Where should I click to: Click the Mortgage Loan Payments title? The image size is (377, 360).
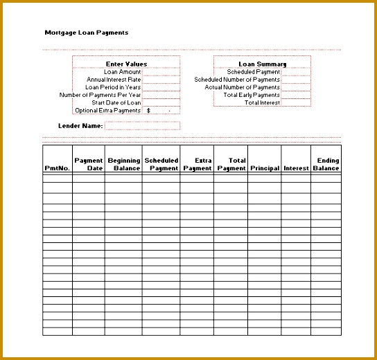pyautogui.click(x=86, y=33)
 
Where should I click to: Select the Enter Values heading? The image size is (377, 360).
pyautogui.click(x=126, y=64)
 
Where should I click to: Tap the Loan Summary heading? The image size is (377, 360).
pyautogui.click(x=257, y=64)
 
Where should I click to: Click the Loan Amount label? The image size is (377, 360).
pyautogui.click(x=122, y=72)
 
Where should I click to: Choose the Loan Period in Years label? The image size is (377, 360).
pyautogui.click(x=113, y=87)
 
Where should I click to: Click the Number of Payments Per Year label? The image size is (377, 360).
pyautogui.click(x=100, y=95)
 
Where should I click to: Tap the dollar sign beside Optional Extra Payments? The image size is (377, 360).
pyautogui.click(x=148, y=111)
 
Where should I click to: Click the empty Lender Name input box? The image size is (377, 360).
pyautogui.click(x=142, y=126)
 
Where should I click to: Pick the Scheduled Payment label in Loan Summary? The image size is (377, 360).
pyautogui.click(x=253, y=72)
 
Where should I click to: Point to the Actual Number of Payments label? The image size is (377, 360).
pyautogui.click(x=242, y=87)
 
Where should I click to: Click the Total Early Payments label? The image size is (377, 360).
pyautogui.click(x=252, y=95)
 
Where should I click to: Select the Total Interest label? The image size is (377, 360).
pyautogui.click(x=262, y=102)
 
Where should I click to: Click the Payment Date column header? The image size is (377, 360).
pyautogui.click(x=89, y=164)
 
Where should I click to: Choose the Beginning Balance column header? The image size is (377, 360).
pyautogui.click(x=124, y=164)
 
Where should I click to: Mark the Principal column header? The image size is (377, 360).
pyautogui.click(x=265, y=168)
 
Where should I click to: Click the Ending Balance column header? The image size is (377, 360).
pyautogui.click(x=326, y=164)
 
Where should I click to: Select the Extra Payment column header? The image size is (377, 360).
pyautogui.click(x=198, y=164)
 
